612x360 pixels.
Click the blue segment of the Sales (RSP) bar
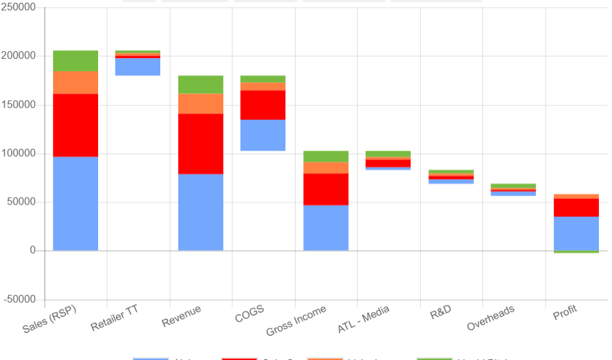(75, 203)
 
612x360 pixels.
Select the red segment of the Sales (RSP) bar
(75, 125)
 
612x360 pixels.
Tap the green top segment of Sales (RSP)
(75, 61)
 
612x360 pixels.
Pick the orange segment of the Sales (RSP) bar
(75, 82)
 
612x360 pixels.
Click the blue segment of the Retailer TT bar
(137, 67)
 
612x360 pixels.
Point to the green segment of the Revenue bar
(200, 84)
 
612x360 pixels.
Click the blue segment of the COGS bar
(263, 135)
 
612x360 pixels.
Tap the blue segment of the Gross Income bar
(326, 227)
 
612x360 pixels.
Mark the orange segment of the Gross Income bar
(326, 168)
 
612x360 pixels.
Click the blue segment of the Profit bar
(576, 233)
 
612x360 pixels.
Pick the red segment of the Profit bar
(576, 207)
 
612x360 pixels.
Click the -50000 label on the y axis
(19, 300)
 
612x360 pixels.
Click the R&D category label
(440, 312)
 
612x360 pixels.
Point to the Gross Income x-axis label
(296, 321)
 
